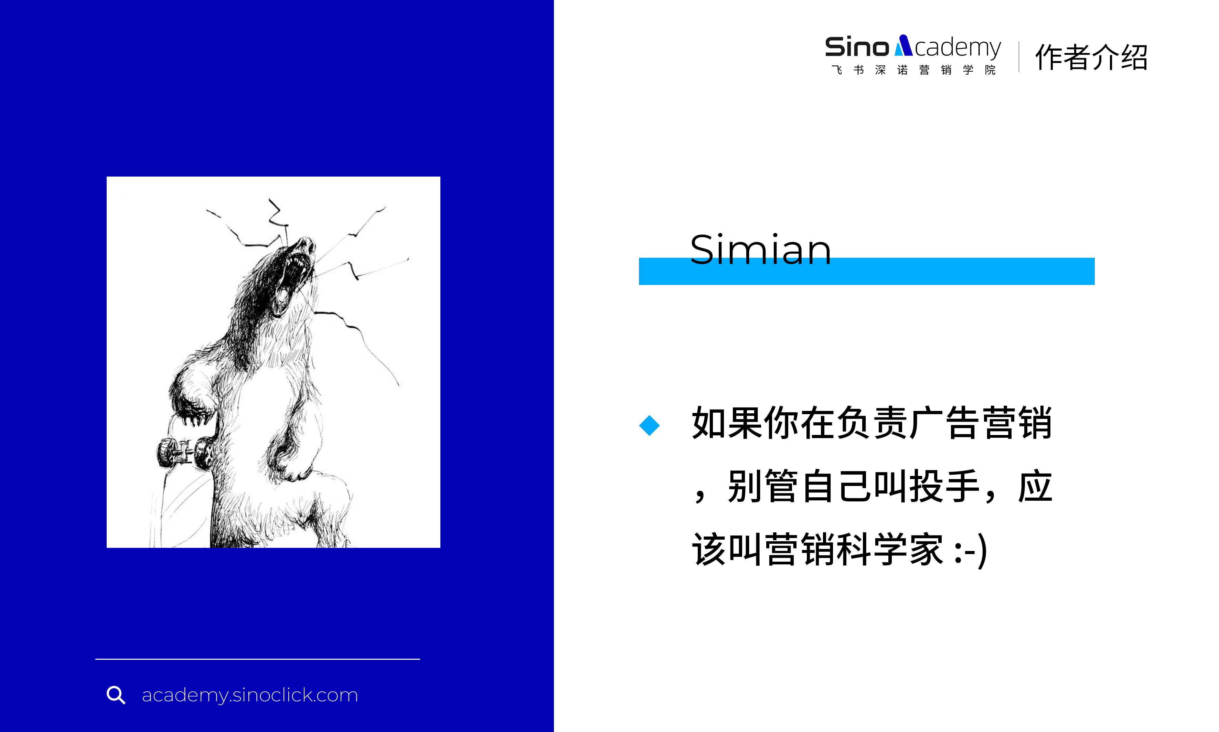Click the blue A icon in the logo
coord(903,45)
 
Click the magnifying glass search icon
coord(116,695)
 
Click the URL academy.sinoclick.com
coord(249,696)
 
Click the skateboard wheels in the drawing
coord(185,452)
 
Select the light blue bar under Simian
coord(866,271)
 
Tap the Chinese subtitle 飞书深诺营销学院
coord(913,70)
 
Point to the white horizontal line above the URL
coord(257,659)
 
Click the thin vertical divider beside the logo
coord(1019,57)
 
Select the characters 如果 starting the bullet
coord(727,423)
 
